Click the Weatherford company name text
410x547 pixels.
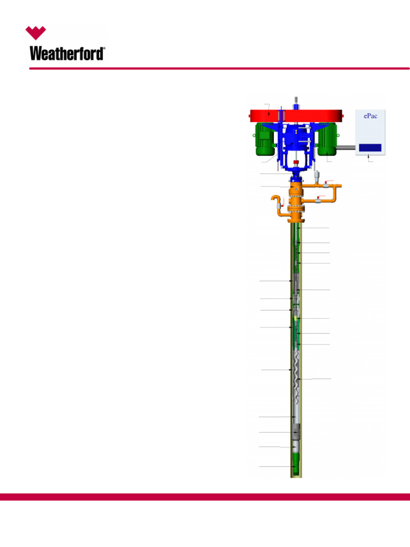(67, 53)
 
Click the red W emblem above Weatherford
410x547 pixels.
(36, 33)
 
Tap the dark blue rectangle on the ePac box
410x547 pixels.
(370, 147)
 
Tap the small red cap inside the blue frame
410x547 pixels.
(296, 163)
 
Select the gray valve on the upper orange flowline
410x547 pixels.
(325, 185)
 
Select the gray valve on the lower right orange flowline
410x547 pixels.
(319, 201)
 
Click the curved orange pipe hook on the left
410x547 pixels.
(277, 204)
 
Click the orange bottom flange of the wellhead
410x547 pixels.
(296, 219)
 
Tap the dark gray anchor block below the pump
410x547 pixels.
(296, 431)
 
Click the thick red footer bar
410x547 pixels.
(205, 497)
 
